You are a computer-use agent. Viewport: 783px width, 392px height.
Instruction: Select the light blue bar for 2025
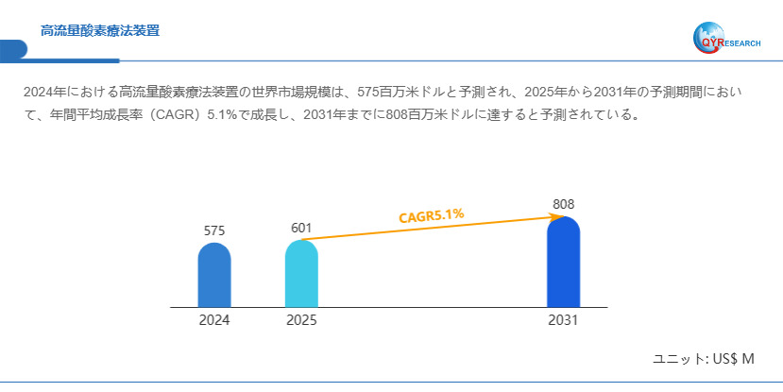pos(301,274)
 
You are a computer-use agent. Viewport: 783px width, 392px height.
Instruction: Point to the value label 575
pos(214,230)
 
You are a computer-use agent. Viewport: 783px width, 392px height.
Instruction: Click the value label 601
pos(301,228)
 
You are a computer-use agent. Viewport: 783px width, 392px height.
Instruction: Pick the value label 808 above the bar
pos(563,204)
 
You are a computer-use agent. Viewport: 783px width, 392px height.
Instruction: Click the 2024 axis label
pos(214,320)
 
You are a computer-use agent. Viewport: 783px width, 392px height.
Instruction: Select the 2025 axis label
pos(301,320)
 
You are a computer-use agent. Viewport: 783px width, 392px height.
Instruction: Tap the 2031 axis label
pos(563,320)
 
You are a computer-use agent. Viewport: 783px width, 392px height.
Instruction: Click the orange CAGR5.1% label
pos(431,215)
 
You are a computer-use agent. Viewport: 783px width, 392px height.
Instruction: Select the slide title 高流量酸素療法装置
pos(100,31)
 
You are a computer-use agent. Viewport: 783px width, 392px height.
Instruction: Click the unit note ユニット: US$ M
pos(704,360)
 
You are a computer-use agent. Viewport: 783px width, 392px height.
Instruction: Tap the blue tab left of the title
pos(12,49)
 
